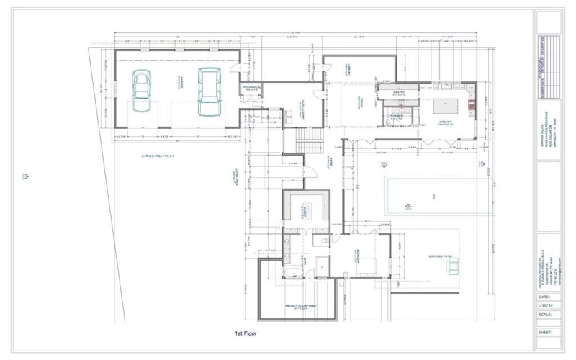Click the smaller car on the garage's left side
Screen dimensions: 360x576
point(141,92)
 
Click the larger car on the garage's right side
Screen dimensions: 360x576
point(209,91)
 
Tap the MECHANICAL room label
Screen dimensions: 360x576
point(251,87)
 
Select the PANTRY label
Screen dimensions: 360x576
point(399,92)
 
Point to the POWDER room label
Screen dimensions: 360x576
point(397,115)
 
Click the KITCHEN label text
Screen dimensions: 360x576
point(446,122)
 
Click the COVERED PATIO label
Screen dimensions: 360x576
point(439,255)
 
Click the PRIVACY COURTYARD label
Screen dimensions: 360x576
point(301,305)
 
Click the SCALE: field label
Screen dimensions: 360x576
point(544,314)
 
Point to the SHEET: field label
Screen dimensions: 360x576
point(544,333)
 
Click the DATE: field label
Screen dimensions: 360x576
point(544,296)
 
